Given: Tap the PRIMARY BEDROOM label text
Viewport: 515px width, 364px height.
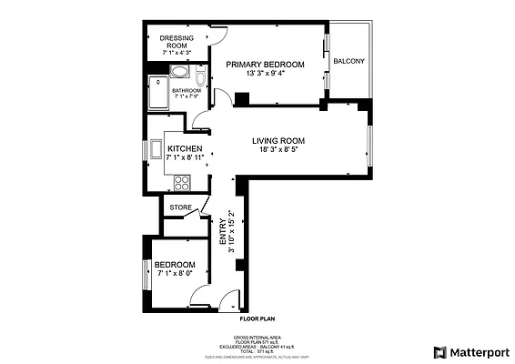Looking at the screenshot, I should (264, 64).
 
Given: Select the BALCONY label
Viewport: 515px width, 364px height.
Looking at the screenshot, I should (348, 61).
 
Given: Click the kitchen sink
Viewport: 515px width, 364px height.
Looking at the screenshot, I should (157, 148).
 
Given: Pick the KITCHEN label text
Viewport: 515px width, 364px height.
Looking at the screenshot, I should (184, 148).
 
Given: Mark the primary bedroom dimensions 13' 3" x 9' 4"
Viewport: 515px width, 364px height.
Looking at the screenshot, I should (264, 74).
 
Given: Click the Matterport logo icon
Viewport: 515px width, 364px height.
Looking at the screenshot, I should (440, 351).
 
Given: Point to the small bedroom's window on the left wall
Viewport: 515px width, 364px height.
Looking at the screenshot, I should (146, 274).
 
